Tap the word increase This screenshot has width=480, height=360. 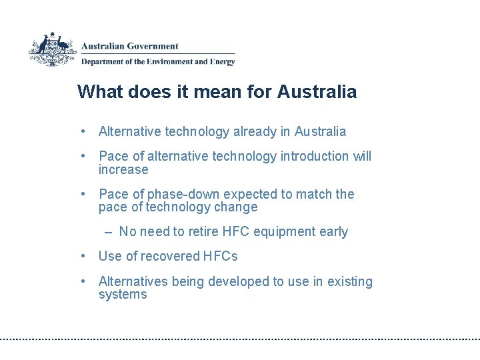123,169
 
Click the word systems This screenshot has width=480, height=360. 123,295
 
